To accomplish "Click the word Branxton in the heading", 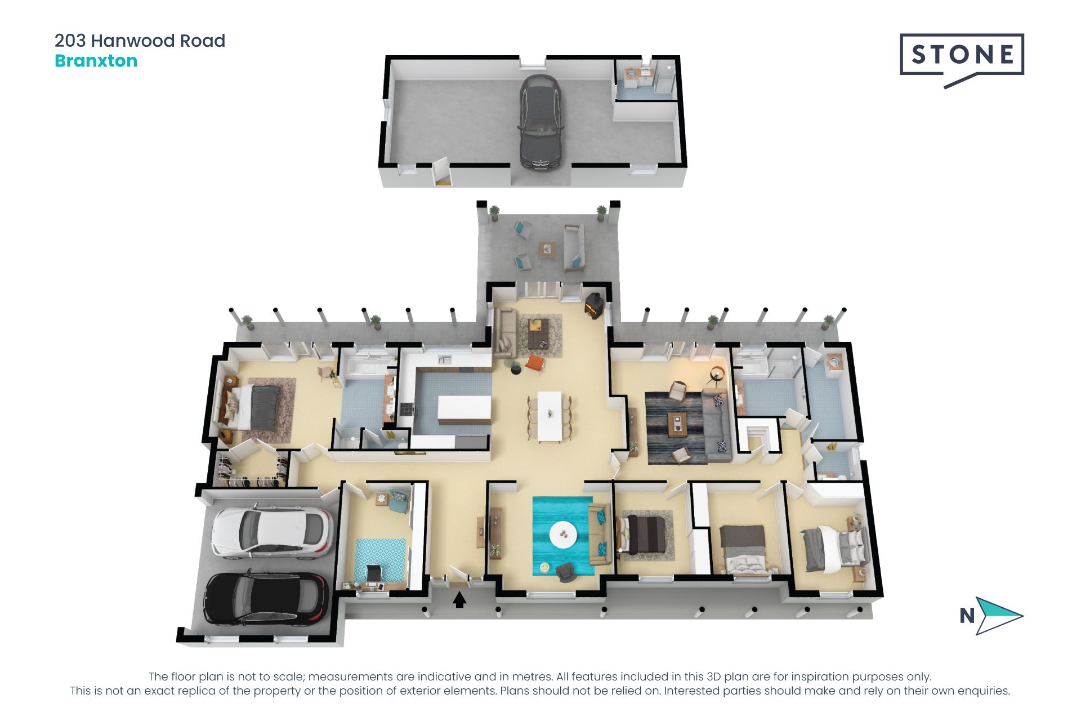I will [96, 61].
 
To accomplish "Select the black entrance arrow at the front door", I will [459, 600].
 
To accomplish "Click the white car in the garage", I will [271, 533].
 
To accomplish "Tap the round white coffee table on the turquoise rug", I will [562, 534].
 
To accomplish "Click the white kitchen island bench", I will [464, 410].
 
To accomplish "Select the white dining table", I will [550, 416].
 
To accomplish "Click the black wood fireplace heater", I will [595, 306].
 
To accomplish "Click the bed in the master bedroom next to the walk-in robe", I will [257, 407].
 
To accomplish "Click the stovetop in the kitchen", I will [407, 409].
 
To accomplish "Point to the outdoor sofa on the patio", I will [573, 246].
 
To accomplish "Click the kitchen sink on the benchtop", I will [445, 359].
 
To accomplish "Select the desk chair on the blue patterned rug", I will [373, 572].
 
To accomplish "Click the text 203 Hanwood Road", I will [140, 41].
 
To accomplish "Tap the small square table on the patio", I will [547, 248].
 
